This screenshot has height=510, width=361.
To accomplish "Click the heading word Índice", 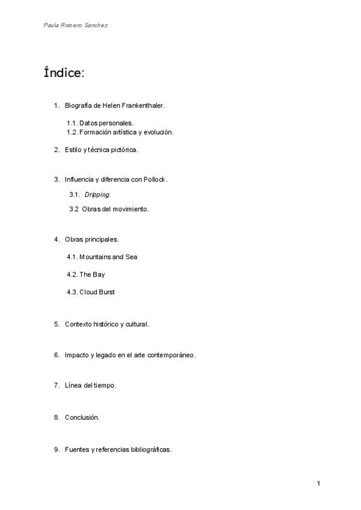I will [x=63, y=73].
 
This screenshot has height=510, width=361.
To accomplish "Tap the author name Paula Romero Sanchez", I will [x=75, y=26].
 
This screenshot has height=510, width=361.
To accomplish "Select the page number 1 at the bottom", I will [x=318, y=484].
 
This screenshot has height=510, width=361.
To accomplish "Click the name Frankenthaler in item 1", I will [x=143, y=106].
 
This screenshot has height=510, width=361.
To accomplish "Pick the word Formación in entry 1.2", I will [x=96, y=132].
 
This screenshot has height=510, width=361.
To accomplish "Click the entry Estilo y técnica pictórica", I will [x=101, y=149].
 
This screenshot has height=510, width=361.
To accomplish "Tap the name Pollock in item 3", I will [x=154, y=179].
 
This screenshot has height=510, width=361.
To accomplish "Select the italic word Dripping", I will [x=97, y=194].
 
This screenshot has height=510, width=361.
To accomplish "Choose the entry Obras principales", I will [x=91, y=239].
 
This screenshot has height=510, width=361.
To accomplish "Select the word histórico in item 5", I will [x=104, y=324].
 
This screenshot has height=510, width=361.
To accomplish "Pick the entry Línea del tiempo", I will [x=90, y=386].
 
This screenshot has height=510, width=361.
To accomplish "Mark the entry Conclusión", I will [x=82, y=417].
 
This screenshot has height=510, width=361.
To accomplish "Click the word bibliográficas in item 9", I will [x=150, y=449].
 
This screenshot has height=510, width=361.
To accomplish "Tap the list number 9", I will [x=56, y=449].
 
